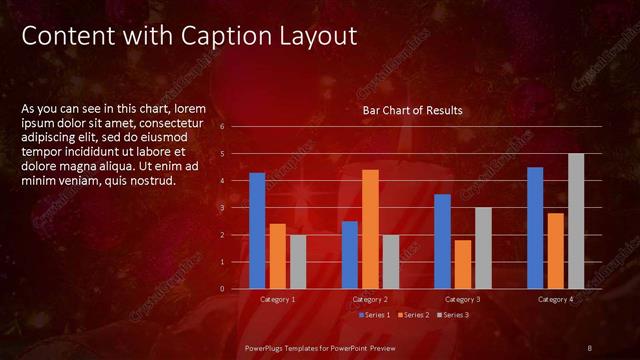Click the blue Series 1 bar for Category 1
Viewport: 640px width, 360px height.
(257, 231)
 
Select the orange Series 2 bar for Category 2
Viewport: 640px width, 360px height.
(370, 229)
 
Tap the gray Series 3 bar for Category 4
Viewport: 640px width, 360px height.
(575, 221)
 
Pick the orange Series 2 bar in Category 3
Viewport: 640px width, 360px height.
(463, 264)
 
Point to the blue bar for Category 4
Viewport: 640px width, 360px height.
(535, 228)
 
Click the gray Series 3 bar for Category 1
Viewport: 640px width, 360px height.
(298, 262)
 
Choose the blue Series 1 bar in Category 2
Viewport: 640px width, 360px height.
(350, 255)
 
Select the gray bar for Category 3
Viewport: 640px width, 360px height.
(483, 248)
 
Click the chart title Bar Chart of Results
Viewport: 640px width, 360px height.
(412, 110)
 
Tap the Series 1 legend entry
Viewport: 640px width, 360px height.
(375, 315)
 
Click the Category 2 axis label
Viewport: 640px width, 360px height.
(370, 300)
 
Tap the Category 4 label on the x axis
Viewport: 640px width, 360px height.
(555, 300)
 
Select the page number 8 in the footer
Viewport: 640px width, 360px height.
(590, 347)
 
